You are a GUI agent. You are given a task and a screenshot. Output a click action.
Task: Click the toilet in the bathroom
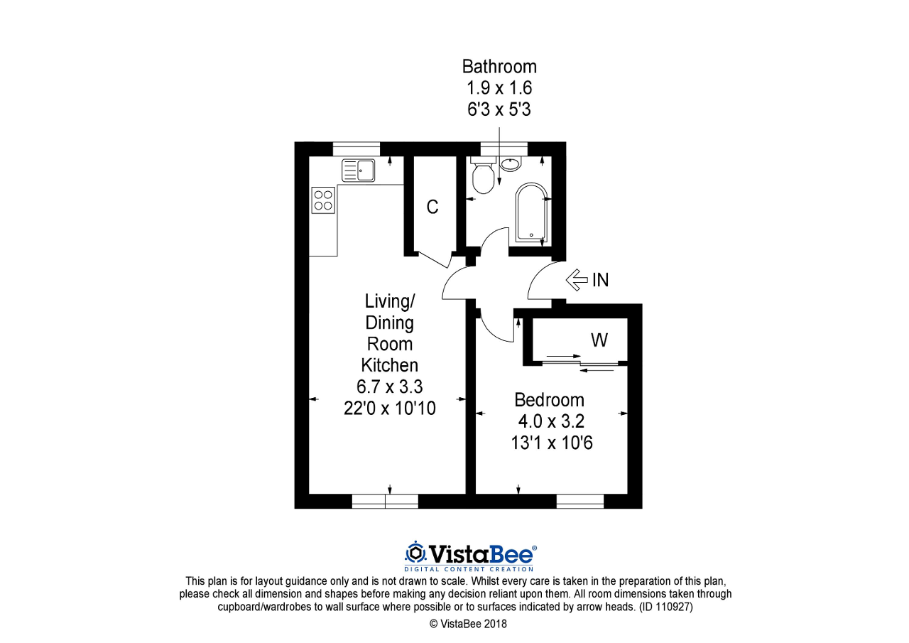coord(484,178)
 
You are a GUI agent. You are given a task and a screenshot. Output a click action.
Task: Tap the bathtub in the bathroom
coord(530,212)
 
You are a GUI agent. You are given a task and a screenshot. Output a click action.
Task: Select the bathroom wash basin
coord(510,164)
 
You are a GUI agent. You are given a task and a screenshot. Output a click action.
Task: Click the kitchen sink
coord(358,171)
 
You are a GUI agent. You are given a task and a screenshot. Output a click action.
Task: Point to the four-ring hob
coord(323,199)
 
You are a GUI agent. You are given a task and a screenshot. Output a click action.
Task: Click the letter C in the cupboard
coord(432,207)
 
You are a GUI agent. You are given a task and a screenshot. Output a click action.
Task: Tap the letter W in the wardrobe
coord(599,341)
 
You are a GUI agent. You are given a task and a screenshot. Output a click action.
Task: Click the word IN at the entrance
coord(600,280)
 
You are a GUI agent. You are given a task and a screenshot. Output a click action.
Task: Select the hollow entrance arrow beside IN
coord(577,280)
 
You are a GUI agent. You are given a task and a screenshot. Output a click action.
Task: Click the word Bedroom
coord(550,400)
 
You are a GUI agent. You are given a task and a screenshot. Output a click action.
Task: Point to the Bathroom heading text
coord(499,67)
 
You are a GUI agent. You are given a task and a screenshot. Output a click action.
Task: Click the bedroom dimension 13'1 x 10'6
coord(552,443)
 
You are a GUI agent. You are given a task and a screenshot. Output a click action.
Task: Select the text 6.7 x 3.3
coord(389,387)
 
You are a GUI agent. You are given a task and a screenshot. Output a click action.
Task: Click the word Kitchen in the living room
coord(389,365)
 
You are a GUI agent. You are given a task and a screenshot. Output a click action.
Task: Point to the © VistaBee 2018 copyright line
coord(469,625)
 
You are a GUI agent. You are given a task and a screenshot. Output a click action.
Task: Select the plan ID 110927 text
coord(665,607)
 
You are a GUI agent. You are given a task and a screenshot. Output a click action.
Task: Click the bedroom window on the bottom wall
coord(579,502)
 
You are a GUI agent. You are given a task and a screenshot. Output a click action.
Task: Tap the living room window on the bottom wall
coord(385,502)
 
